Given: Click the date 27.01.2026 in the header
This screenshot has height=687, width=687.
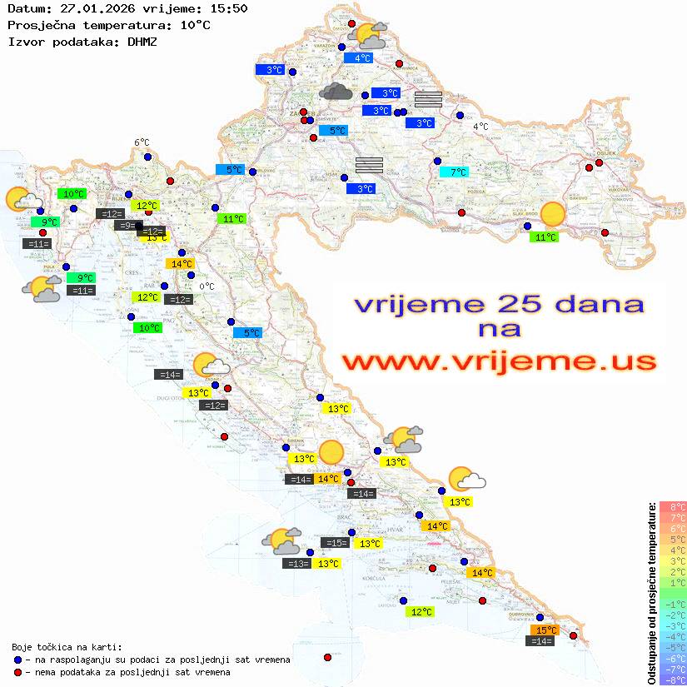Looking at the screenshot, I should (96, 9).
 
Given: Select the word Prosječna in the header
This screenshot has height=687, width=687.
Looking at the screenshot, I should (38, 25).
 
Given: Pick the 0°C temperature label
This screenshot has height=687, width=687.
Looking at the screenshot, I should (207, 286).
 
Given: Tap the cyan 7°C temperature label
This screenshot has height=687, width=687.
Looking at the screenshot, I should (454, 172).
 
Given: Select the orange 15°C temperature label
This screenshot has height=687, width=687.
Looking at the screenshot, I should (545, 630).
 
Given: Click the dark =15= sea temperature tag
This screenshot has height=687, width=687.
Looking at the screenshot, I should (336, 543).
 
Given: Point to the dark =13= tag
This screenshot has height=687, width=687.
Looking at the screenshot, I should (297, 564).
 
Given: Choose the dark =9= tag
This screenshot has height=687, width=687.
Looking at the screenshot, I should (126, 225).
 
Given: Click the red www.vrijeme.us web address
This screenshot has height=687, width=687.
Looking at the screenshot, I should (498, 361).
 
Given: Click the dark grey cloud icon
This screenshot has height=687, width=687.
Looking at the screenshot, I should (336, 91).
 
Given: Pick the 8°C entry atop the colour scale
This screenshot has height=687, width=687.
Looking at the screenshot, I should (672, 506).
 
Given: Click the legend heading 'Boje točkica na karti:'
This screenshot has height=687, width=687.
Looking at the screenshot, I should (67, 647).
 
